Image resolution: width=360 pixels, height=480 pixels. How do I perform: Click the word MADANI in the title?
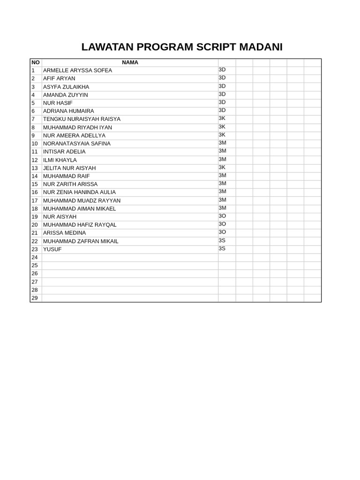261,47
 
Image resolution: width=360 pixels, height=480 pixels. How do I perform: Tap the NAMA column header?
130,62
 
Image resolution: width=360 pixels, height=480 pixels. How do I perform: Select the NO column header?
36,62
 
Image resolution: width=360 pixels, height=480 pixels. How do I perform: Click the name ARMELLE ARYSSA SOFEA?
77,70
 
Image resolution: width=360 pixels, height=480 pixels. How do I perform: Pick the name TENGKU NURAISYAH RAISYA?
82,119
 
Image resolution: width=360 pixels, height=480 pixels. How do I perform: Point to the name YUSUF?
52,249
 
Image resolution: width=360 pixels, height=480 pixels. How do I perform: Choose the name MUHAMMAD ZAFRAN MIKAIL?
81,241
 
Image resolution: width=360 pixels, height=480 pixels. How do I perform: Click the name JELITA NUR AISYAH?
69,168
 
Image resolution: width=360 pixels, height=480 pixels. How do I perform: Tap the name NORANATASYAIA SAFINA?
77,143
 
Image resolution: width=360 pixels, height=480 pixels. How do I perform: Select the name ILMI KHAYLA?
60,160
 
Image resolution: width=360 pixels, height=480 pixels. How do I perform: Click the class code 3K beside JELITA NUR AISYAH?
222,167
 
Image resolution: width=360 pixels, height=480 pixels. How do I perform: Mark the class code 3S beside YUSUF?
222,248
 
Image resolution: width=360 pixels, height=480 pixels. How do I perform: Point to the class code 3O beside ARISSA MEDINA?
222,232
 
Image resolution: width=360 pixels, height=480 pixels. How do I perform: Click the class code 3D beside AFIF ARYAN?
222,78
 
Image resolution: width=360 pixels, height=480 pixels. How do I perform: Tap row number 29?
34,298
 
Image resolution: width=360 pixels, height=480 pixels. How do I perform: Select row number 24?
34,257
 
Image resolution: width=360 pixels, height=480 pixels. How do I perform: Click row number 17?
34,201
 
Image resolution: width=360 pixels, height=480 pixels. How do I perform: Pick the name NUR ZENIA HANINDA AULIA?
79,192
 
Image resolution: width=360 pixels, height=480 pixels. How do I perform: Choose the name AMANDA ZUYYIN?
66,95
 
